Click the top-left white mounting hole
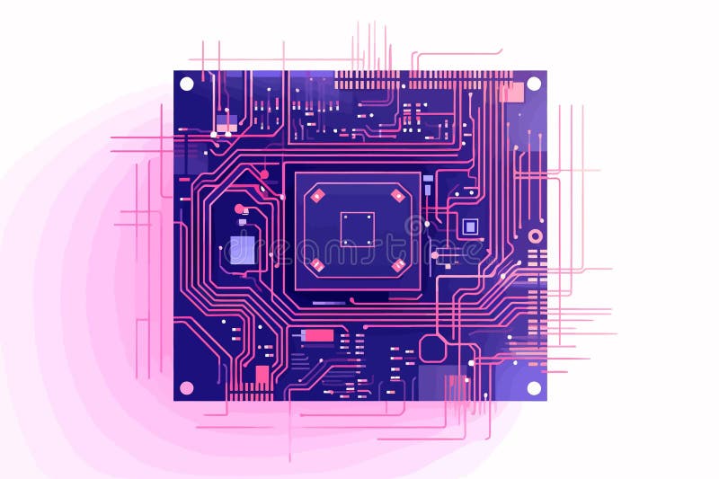187,84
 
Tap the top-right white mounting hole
533,84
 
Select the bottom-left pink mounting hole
187,388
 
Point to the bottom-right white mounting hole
533,388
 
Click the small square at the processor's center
357,228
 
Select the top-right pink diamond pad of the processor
397,193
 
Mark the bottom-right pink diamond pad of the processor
397,264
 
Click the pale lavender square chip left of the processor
242,250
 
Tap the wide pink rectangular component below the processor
318,336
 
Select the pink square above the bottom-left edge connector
262,374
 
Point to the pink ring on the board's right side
536,236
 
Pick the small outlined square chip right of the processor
469,226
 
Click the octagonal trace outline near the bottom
433,349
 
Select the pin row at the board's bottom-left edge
250,395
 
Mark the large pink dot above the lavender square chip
239,209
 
